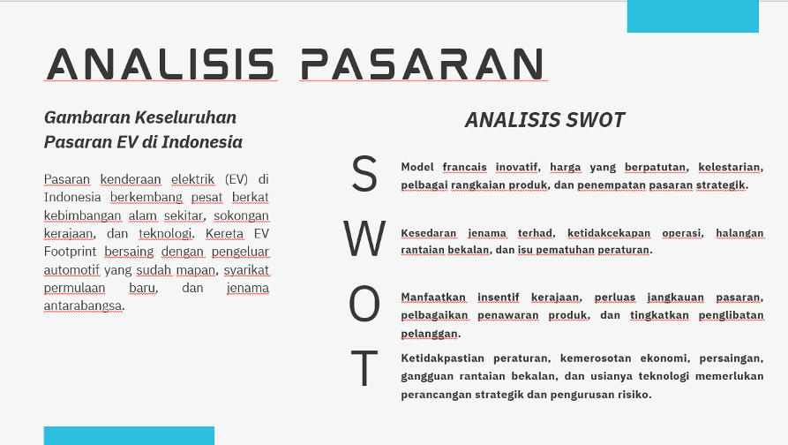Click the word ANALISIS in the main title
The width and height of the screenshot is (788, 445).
coord(161,64)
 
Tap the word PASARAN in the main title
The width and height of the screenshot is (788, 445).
coord(423,64)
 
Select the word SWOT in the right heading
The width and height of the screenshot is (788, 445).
coord(595,120)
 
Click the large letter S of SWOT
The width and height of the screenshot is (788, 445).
coord(364,173)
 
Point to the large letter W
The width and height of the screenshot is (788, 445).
coord(364,238)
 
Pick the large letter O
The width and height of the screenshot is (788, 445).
coord(364,304)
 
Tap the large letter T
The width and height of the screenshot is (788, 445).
coord(364,368)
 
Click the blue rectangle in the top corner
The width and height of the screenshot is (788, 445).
coord(693,16)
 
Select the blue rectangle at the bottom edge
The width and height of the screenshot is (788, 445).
coord(129,435)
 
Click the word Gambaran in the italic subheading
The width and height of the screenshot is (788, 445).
coord(87,117)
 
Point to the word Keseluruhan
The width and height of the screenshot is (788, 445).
coord(186,117)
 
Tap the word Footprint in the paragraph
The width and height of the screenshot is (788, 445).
coord(70,252)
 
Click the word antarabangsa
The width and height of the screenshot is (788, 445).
coord(83,305)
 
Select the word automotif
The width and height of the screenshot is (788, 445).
coord(71,270)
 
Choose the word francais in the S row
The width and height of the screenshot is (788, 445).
coord(464,167)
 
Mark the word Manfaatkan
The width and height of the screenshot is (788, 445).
coord(433,298)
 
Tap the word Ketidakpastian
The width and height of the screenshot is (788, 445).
coord(443,358)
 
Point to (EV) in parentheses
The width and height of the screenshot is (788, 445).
coord(236,179)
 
